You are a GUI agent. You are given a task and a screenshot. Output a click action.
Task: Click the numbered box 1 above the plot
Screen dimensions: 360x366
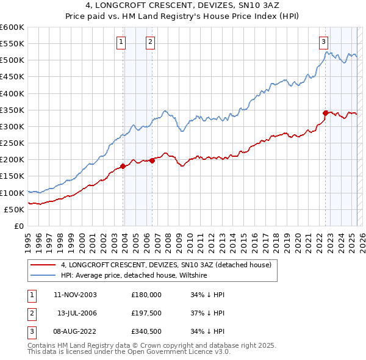[121, 42]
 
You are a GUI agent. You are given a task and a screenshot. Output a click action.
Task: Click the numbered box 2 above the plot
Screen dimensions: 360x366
[150, 42]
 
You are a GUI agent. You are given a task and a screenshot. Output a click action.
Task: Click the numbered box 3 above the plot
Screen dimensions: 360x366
[323, 42]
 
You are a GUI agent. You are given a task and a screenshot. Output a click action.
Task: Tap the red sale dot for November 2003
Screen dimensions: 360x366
[123, 166]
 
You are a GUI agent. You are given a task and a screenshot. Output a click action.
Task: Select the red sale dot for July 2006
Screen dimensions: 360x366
[152, 160]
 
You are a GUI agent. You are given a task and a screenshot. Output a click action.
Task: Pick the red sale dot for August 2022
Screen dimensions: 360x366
[325, 113]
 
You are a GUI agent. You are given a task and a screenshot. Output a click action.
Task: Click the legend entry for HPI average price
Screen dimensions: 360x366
[134, 276]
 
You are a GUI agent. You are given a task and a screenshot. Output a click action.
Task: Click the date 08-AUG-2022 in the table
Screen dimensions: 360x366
[76, 331]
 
